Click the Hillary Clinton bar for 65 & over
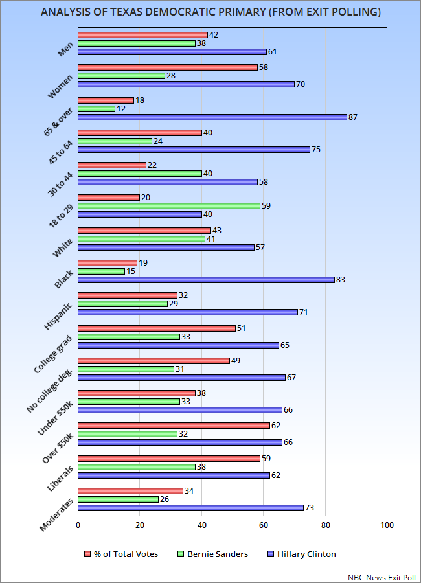click(212, 117)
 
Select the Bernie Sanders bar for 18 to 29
click(169, 206)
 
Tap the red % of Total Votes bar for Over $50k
click(174, 426)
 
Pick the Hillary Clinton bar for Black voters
click(207, 280)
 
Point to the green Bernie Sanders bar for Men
click(137, 43)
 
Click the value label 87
click(353, 117)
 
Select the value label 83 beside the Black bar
click(341, 280)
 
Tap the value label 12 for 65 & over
click(121, 109)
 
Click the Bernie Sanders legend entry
click(212, 554)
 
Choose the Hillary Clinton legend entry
click(302, 554)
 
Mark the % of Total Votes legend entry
click(121, 554)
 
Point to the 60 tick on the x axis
click(264, 525)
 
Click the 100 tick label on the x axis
click(387, 525)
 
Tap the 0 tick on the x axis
click(78, 525)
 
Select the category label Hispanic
click(58, 316)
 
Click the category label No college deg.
click(49, 391)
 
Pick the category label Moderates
click(56, 515)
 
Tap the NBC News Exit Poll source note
click(381, 577)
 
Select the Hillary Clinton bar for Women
click(187, 84)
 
